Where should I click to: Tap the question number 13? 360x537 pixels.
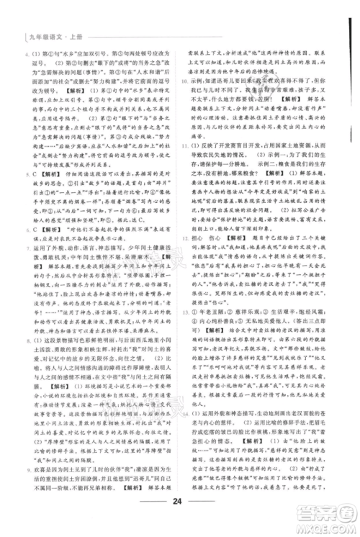(186, 355)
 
